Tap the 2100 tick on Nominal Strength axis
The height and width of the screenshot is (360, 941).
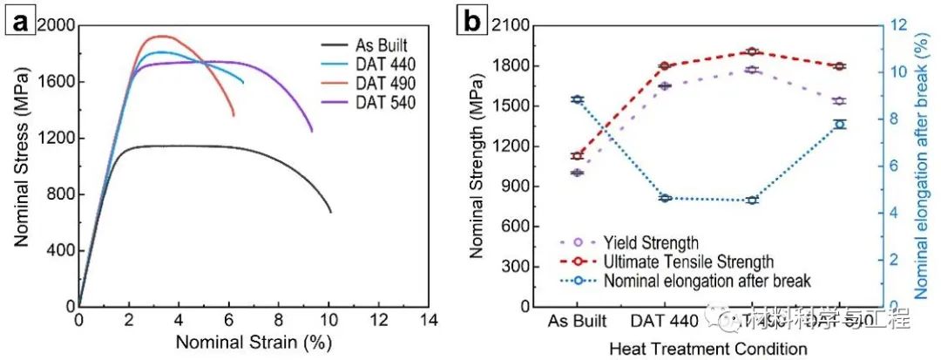click(510, 25)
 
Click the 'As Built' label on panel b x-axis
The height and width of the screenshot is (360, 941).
click(576, 321)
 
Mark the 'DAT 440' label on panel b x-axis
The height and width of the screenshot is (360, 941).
click(664, 321)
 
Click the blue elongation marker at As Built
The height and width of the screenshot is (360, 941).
click(576, 99)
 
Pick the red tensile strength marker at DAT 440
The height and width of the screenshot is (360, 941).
click(664, 65)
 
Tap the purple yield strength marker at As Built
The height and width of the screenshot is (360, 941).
click(576, 173)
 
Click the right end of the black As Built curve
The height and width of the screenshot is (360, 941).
click(331, 212)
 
